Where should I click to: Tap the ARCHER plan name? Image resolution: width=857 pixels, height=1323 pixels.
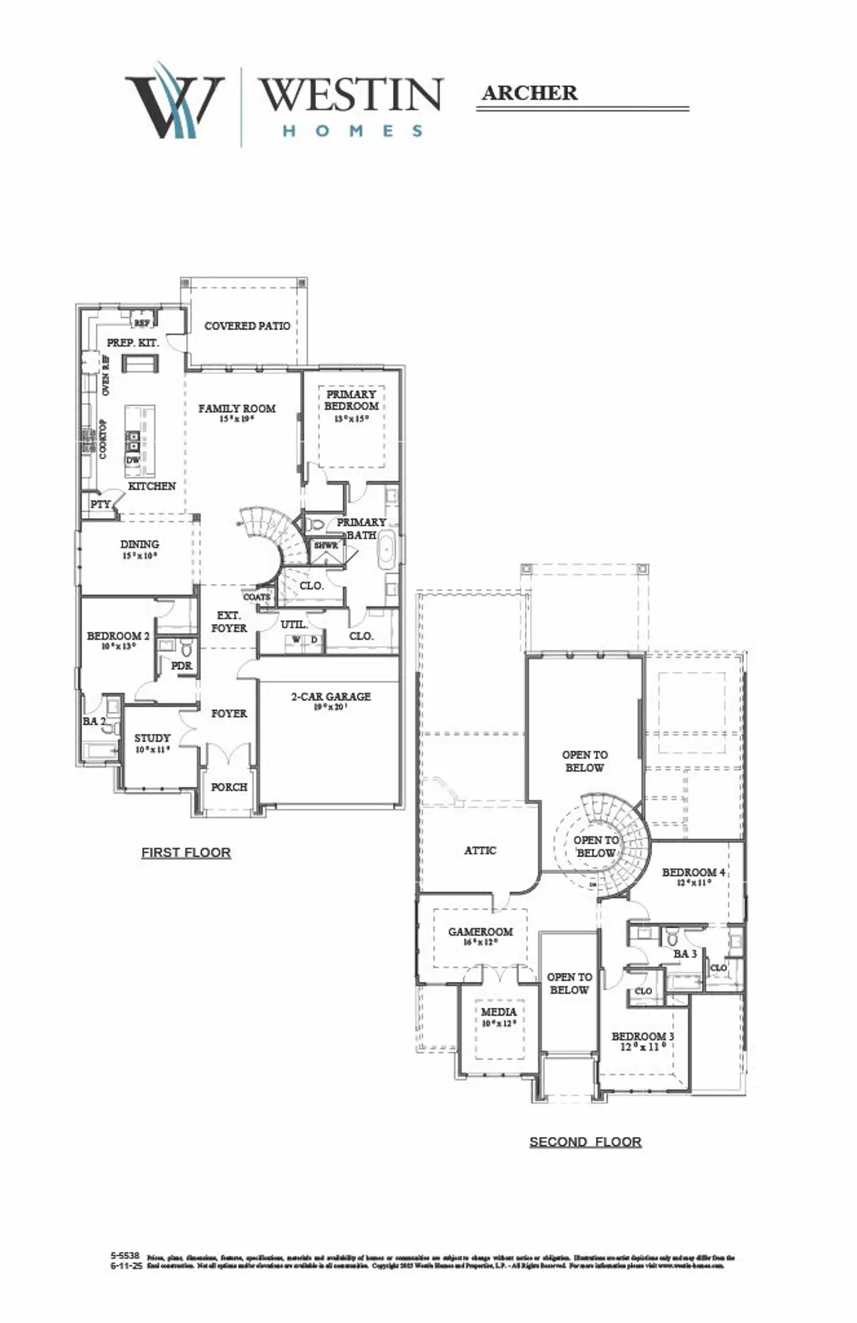529,93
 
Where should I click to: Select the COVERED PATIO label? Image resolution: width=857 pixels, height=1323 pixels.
247,326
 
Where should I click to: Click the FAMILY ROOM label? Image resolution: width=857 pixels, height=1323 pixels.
236,408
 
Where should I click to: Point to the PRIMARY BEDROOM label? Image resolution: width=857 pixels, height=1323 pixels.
352,400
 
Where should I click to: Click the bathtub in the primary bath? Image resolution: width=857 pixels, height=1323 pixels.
388,549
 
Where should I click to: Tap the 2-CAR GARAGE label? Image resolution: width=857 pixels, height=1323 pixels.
331,697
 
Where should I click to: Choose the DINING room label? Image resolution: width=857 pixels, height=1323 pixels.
139,545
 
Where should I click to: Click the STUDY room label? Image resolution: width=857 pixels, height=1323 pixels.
152,738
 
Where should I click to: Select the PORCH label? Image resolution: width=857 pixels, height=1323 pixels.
229,787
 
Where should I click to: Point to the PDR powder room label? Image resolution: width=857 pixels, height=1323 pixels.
181,666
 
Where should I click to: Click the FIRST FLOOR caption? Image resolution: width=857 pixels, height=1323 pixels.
186,853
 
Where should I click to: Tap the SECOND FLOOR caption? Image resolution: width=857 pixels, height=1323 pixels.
585,1142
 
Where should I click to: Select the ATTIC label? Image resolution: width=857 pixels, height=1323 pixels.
480,851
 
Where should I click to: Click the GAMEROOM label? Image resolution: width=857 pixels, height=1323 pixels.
480,932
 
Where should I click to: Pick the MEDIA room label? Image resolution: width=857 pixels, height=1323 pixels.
498,1012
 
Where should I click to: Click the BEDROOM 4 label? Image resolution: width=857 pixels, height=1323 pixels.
693,873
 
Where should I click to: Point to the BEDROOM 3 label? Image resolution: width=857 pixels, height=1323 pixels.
642,1037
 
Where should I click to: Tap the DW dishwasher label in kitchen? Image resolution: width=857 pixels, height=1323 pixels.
133,460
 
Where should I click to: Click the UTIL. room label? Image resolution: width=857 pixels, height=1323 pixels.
294,624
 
